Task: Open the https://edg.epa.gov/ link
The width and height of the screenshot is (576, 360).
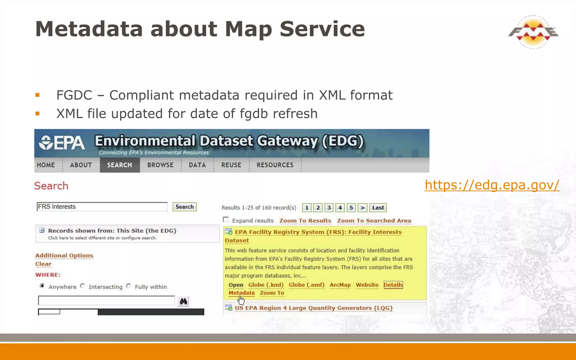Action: (492, 185)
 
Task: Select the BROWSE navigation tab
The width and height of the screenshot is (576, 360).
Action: (160, 165)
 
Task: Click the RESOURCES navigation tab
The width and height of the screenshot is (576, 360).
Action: (275, 165)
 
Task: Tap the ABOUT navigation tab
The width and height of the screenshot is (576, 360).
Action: (81, 165)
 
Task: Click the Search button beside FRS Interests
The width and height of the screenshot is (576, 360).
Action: (184, 207)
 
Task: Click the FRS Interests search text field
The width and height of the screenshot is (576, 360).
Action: (102, 207)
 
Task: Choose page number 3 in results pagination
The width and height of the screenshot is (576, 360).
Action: (329, 208)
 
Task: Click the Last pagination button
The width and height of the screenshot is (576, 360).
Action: (378, 208)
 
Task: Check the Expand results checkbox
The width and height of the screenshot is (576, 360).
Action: (226, 220)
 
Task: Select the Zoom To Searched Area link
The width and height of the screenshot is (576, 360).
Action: (374, 221)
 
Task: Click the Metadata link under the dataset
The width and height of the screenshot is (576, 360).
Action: (241, 293)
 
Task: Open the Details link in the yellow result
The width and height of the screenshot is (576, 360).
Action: (393, 285)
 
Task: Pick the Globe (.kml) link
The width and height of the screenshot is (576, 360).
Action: (266, 285)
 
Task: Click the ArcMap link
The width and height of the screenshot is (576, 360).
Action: (340, 285)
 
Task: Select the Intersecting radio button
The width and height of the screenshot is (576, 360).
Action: (82, 286)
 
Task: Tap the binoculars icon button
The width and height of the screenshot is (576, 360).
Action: (183, 301)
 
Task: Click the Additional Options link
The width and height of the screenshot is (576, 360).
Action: (64, 255)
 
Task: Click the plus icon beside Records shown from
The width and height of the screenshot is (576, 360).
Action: (42, 230)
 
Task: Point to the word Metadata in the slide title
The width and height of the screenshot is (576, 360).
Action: (89, 29)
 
